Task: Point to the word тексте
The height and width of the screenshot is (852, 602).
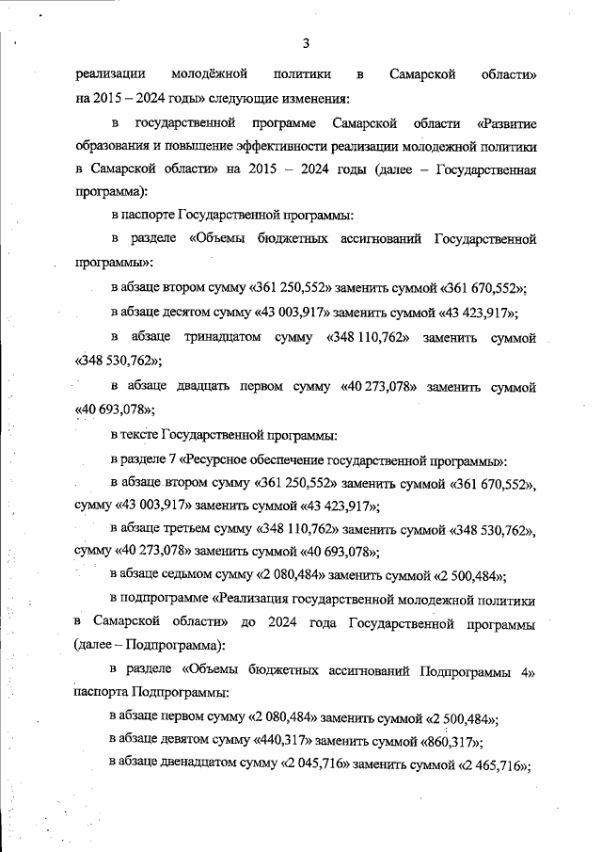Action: tap(141, 435)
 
